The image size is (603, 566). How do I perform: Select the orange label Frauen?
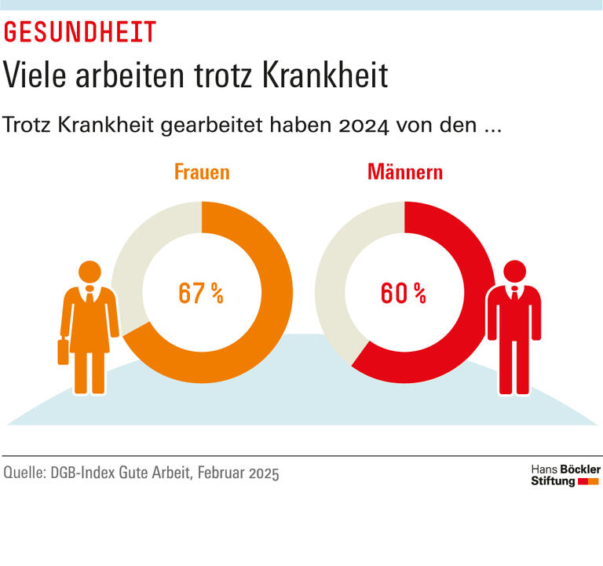202,172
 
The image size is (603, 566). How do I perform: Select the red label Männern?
404,172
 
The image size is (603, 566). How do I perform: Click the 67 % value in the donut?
201,294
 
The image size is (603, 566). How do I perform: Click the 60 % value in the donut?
404,294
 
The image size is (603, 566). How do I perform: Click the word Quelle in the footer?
24,473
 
